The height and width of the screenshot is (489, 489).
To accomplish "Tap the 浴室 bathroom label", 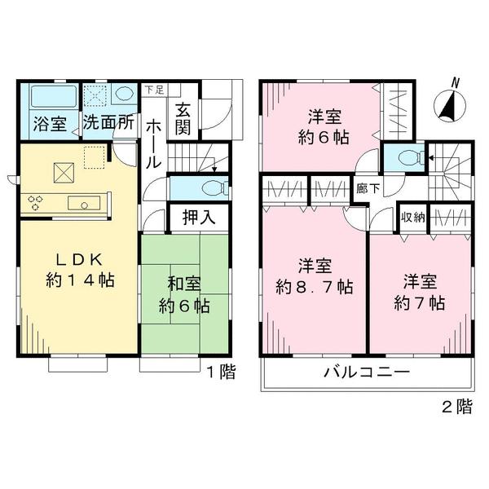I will [x=49, y=125].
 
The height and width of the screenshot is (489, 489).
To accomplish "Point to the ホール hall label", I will [x=152, y=143].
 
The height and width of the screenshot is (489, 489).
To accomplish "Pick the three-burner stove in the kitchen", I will [x=37, y=203].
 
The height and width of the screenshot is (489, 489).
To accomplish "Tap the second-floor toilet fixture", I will [x=407, y=157].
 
